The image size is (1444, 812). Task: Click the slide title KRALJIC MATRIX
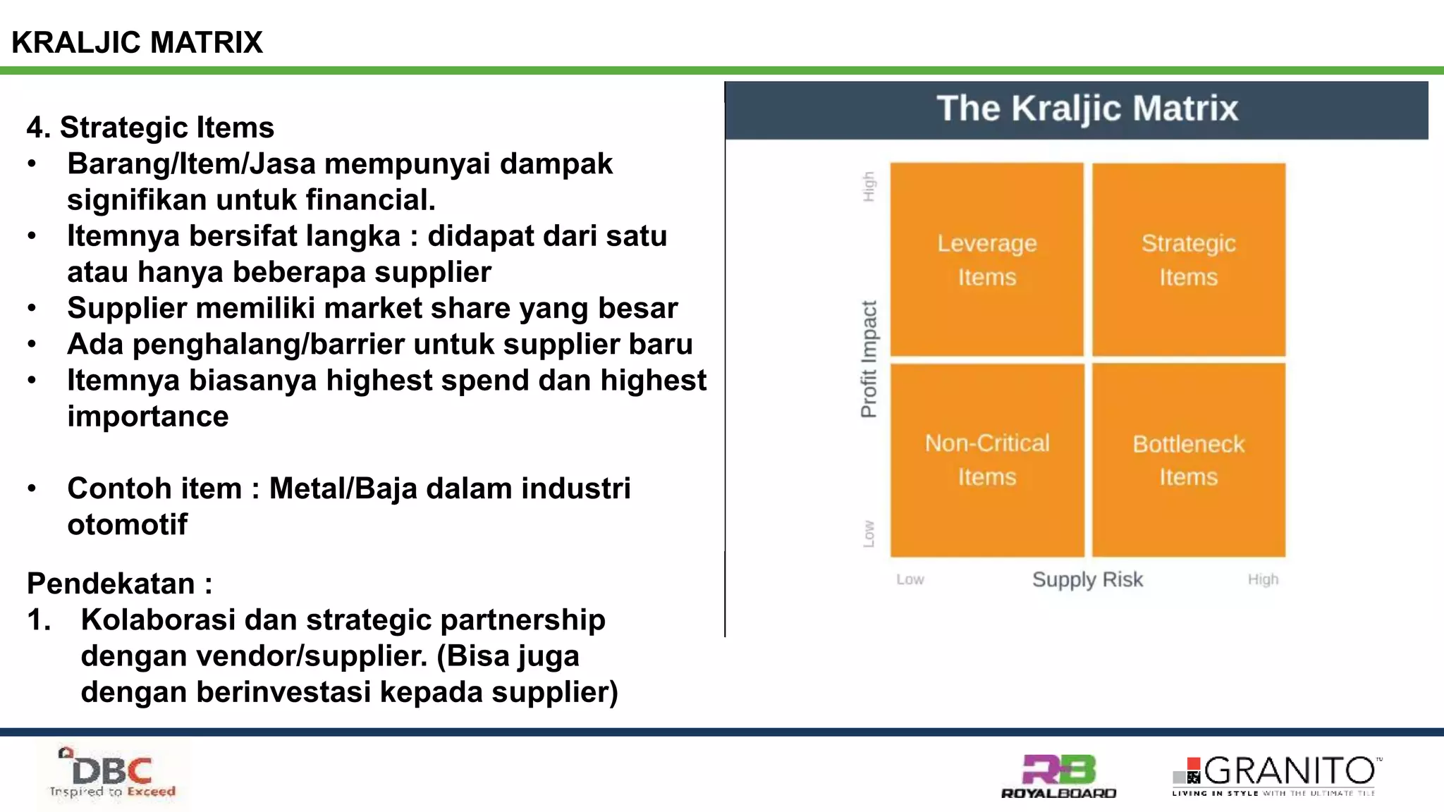(x=137, y=42)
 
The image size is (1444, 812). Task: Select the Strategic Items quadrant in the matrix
(x=1188, y=259)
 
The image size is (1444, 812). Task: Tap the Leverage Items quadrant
(x=986, y=259)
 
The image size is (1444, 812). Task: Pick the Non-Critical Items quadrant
(x=986, y=460)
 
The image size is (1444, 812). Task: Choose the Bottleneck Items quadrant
(x=1188, y=460)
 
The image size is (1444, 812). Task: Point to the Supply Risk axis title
(x=1087, y=579)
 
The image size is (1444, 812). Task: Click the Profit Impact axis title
(x=869, y=359)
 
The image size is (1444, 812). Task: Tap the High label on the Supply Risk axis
(x=1262, y=579)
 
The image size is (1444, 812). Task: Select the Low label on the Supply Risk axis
(x=910, y=579)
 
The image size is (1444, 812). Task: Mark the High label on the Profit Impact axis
(x=869, y=186)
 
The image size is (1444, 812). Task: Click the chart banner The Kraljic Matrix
(x=1087, y=109)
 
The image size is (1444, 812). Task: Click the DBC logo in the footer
(x=113, y=774)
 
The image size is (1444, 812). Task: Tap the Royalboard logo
(x=1058, y=776)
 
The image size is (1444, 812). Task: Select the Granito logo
(x=1276, y=775)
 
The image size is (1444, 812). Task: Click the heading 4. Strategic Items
(x=150, y=128)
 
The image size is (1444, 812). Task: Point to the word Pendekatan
(x=111, y=584)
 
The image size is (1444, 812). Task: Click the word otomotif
(x=127, y=524)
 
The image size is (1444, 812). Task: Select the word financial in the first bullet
(x=370, y=200)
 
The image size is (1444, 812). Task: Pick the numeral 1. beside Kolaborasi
(x=39, y=620)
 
